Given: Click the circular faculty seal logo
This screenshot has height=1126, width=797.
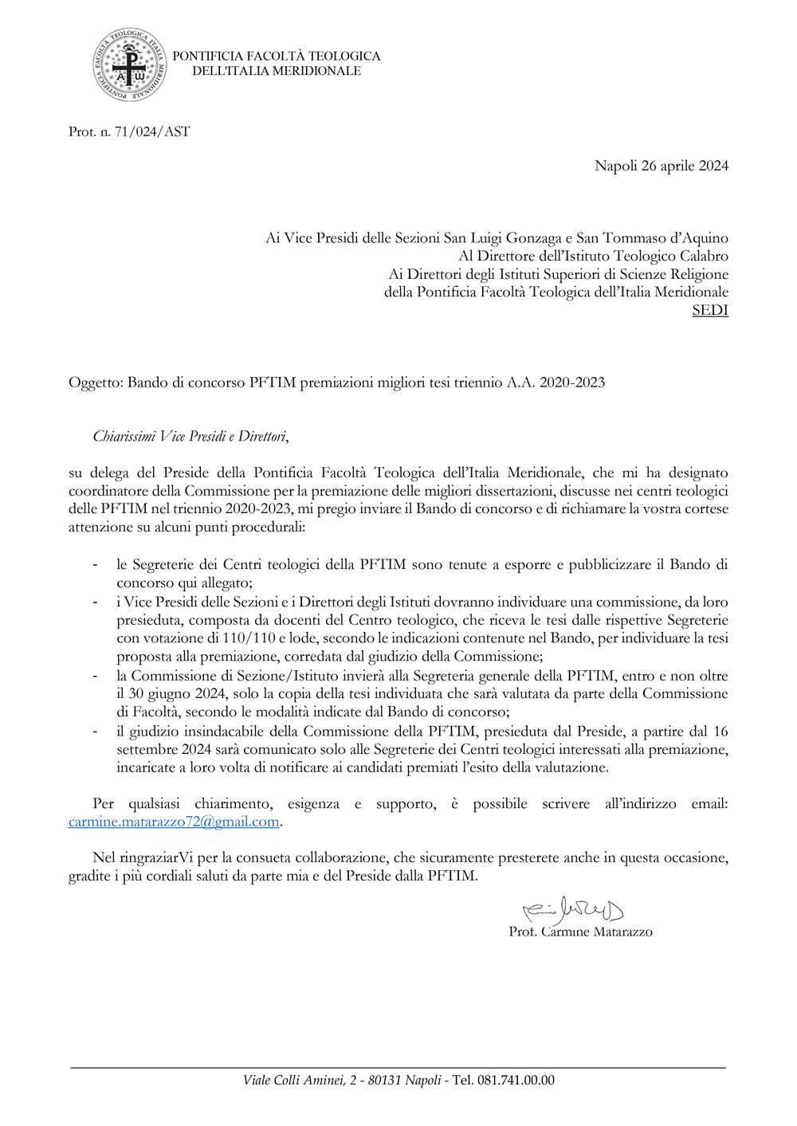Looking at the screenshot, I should [130, 65].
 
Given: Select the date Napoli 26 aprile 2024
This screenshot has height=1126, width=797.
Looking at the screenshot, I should [661, 166].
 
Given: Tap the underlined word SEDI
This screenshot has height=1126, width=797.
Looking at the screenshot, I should [710, 310].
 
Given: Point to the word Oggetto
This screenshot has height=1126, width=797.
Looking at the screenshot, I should [95, 383].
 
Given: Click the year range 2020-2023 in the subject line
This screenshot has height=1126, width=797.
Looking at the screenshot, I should [571, 383].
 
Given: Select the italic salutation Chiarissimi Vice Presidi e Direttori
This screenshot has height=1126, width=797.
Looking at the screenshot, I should [190, 437].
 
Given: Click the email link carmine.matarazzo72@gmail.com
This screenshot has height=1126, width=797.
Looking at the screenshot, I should [174, 822].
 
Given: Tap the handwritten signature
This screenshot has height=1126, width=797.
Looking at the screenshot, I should [572, 909].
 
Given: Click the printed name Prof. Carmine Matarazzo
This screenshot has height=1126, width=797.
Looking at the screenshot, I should [580, 932].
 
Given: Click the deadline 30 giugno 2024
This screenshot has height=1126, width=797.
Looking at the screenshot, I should [176, 693].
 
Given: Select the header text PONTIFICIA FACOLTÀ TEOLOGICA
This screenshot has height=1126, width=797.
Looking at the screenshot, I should [276, 57].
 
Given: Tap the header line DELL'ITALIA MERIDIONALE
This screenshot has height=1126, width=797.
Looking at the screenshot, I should [276, 71].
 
